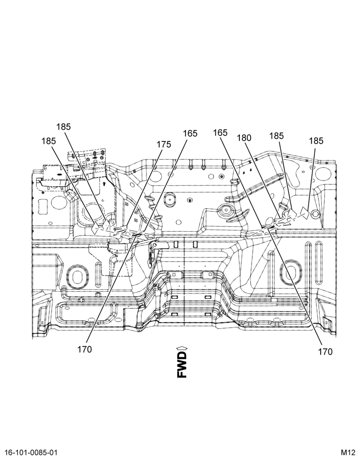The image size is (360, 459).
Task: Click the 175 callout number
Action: pos(164,145)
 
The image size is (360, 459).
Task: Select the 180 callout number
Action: pos(244,138)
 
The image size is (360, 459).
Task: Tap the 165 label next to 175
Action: pos(191,134)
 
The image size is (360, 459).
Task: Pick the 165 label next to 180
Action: pos(220,133)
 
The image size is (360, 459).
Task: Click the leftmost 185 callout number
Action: pos(49,141)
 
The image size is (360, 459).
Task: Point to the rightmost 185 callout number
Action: pos(316,141)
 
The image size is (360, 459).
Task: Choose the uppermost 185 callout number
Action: pos(63,127)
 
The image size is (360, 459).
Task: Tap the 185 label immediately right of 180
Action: pos(276,136)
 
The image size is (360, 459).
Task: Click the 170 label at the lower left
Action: pos(84,349)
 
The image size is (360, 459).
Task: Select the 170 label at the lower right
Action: pos(326,352)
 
